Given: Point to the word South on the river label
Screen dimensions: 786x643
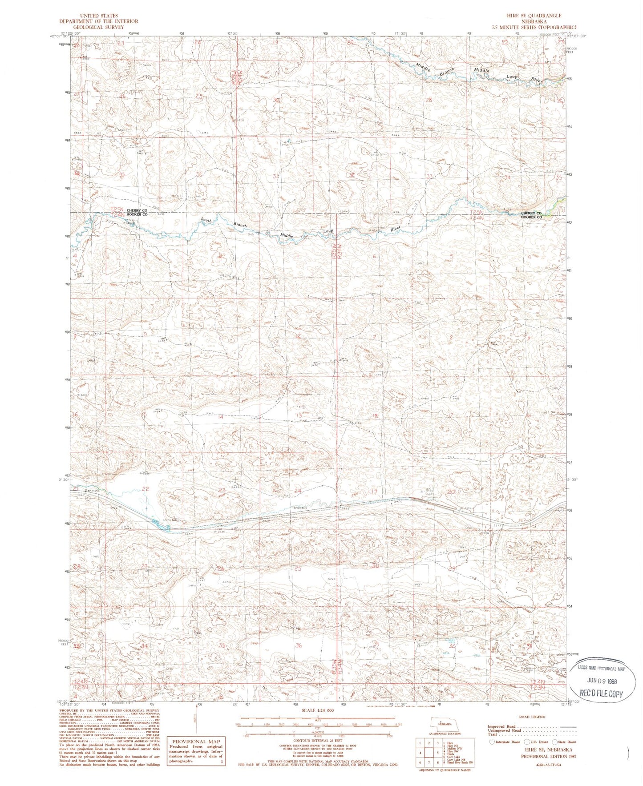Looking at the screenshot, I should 206,220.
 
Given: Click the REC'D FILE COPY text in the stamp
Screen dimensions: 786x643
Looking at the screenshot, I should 602,693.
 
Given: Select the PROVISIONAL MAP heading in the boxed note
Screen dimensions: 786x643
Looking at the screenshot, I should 196,742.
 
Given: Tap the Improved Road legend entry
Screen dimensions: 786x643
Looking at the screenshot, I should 501,726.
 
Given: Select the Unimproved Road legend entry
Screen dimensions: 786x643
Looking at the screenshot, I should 504,730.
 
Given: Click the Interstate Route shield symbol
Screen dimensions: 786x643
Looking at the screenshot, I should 492,742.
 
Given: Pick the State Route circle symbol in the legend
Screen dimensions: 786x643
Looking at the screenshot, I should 554,742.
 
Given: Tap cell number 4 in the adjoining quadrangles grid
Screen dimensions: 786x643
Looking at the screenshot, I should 420,753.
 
